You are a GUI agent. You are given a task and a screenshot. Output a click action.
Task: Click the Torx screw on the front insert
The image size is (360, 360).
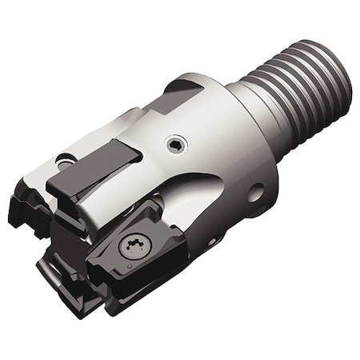click(x=133, y=246)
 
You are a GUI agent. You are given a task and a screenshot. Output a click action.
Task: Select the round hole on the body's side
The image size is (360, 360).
click(x=255, y=192)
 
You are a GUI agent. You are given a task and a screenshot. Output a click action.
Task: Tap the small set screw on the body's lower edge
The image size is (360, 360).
click(x=212, y=240)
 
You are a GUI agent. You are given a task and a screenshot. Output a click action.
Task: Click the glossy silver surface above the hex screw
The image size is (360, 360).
click(x=192, y=120)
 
